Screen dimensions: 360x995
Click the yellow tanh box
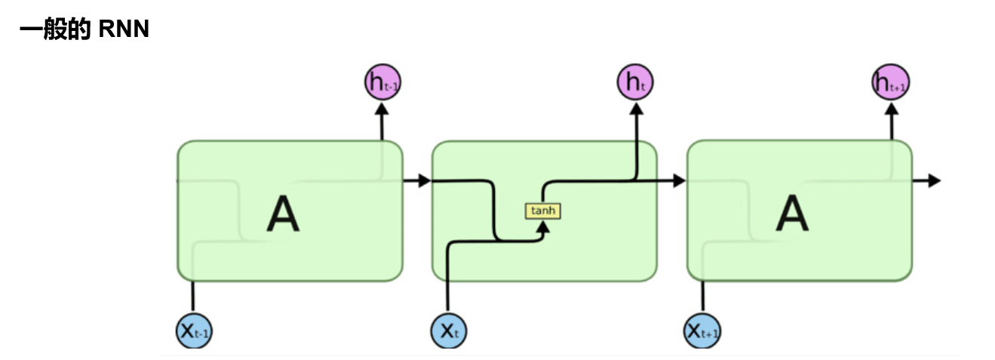(543, 211)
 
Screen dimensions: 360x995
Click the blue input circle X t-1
(193, 330)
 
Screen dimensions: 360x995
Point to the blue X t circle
(449, 330)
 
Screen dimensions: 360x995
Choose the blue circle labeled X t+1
(702, 330)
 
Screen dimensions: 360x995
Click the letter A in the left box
(283, 214)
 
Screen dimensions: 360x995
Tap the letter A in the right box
(792, 214)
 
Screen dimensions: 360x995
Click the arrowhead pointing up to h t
(636, 110)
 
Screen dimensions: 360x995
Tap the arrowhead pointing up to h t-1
(382, 110)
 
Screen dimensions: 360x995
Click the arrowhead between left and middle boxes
(423, 181)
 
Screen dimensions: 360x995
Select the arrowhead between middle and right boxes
(678, 181)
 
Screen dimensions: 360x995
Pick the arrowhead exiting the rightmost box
(934, 181)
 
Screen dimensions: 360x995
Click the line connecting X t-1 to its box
(193, 297)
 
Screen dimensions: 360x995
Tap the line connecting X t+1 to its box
(702, 297)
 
